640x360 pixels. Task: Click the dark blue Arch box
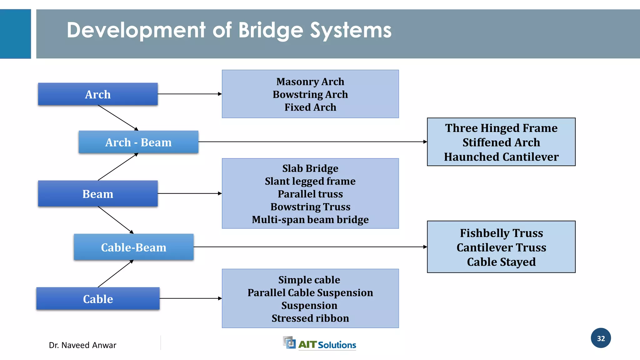coord(98,94)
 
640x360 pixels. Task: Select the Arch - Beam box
coord(138,142)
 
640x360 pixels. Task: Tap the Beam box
coord(98,194)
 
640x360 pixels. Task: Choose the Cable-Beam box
coord(134,247)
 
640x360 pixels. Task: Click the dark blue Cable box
coord(98,299)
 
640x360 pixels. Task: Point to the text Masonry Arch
coord(310,82)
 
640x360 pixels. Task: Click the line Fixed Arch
coord(310,107)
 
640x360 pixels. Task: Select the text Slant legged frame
coord(310,181)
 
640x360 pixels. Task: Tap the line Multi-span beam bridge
coord(310,220)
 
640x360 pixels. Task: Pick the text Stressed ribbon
coord(310,318)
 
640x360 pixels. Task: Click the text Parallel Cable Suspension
coord(310,292)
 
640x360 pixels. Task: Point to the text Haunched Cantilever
coord(501,157)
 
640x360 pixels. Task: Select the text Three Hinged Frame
coord(501,128)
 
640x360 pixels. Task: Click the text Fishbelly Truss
coord(501,233)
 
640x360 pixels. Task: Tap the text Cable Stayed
coord(501,262)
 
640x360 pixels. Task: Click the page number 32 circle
coord(601,338)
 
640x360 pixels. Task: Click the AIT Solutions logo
coord(319,343)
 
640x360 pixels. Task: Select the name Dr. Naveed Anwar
coord(82,345)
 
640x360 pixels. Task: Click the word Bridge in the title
coord(271,31)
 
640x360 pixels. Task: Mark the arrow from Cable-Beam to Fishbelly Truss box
coord(309,247)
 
